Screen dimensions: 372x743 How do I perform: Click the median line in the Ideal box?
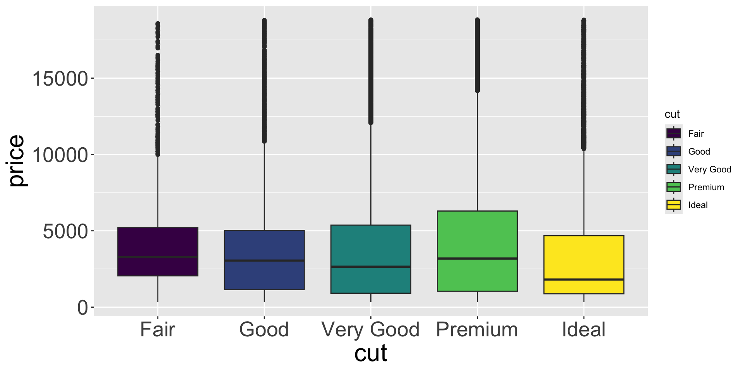[x=584, y=279]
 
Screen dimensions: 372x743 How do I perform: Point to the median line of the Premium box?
[x=477, y=258]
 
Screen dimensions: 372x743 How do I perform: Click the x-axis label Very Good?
[x=371, y=330]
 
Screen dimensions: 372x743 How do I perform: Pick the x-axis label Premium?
[x=477, y=330]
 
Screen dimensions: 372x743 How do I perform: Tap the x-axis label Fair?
[x=158, y=330]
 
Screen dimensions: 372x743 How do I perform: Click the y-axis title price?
[x=16, y=161]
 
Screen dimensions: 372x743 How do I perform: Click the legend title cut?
[x=672, y=114]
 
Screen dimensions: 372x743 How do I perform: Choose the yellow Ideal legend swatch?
[x=674, y=205]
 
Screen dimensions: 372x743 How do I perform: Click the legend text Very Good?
[x=710, y=169]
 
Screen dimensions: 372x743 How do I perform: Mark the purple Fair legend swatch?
[x=674, y=134]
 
